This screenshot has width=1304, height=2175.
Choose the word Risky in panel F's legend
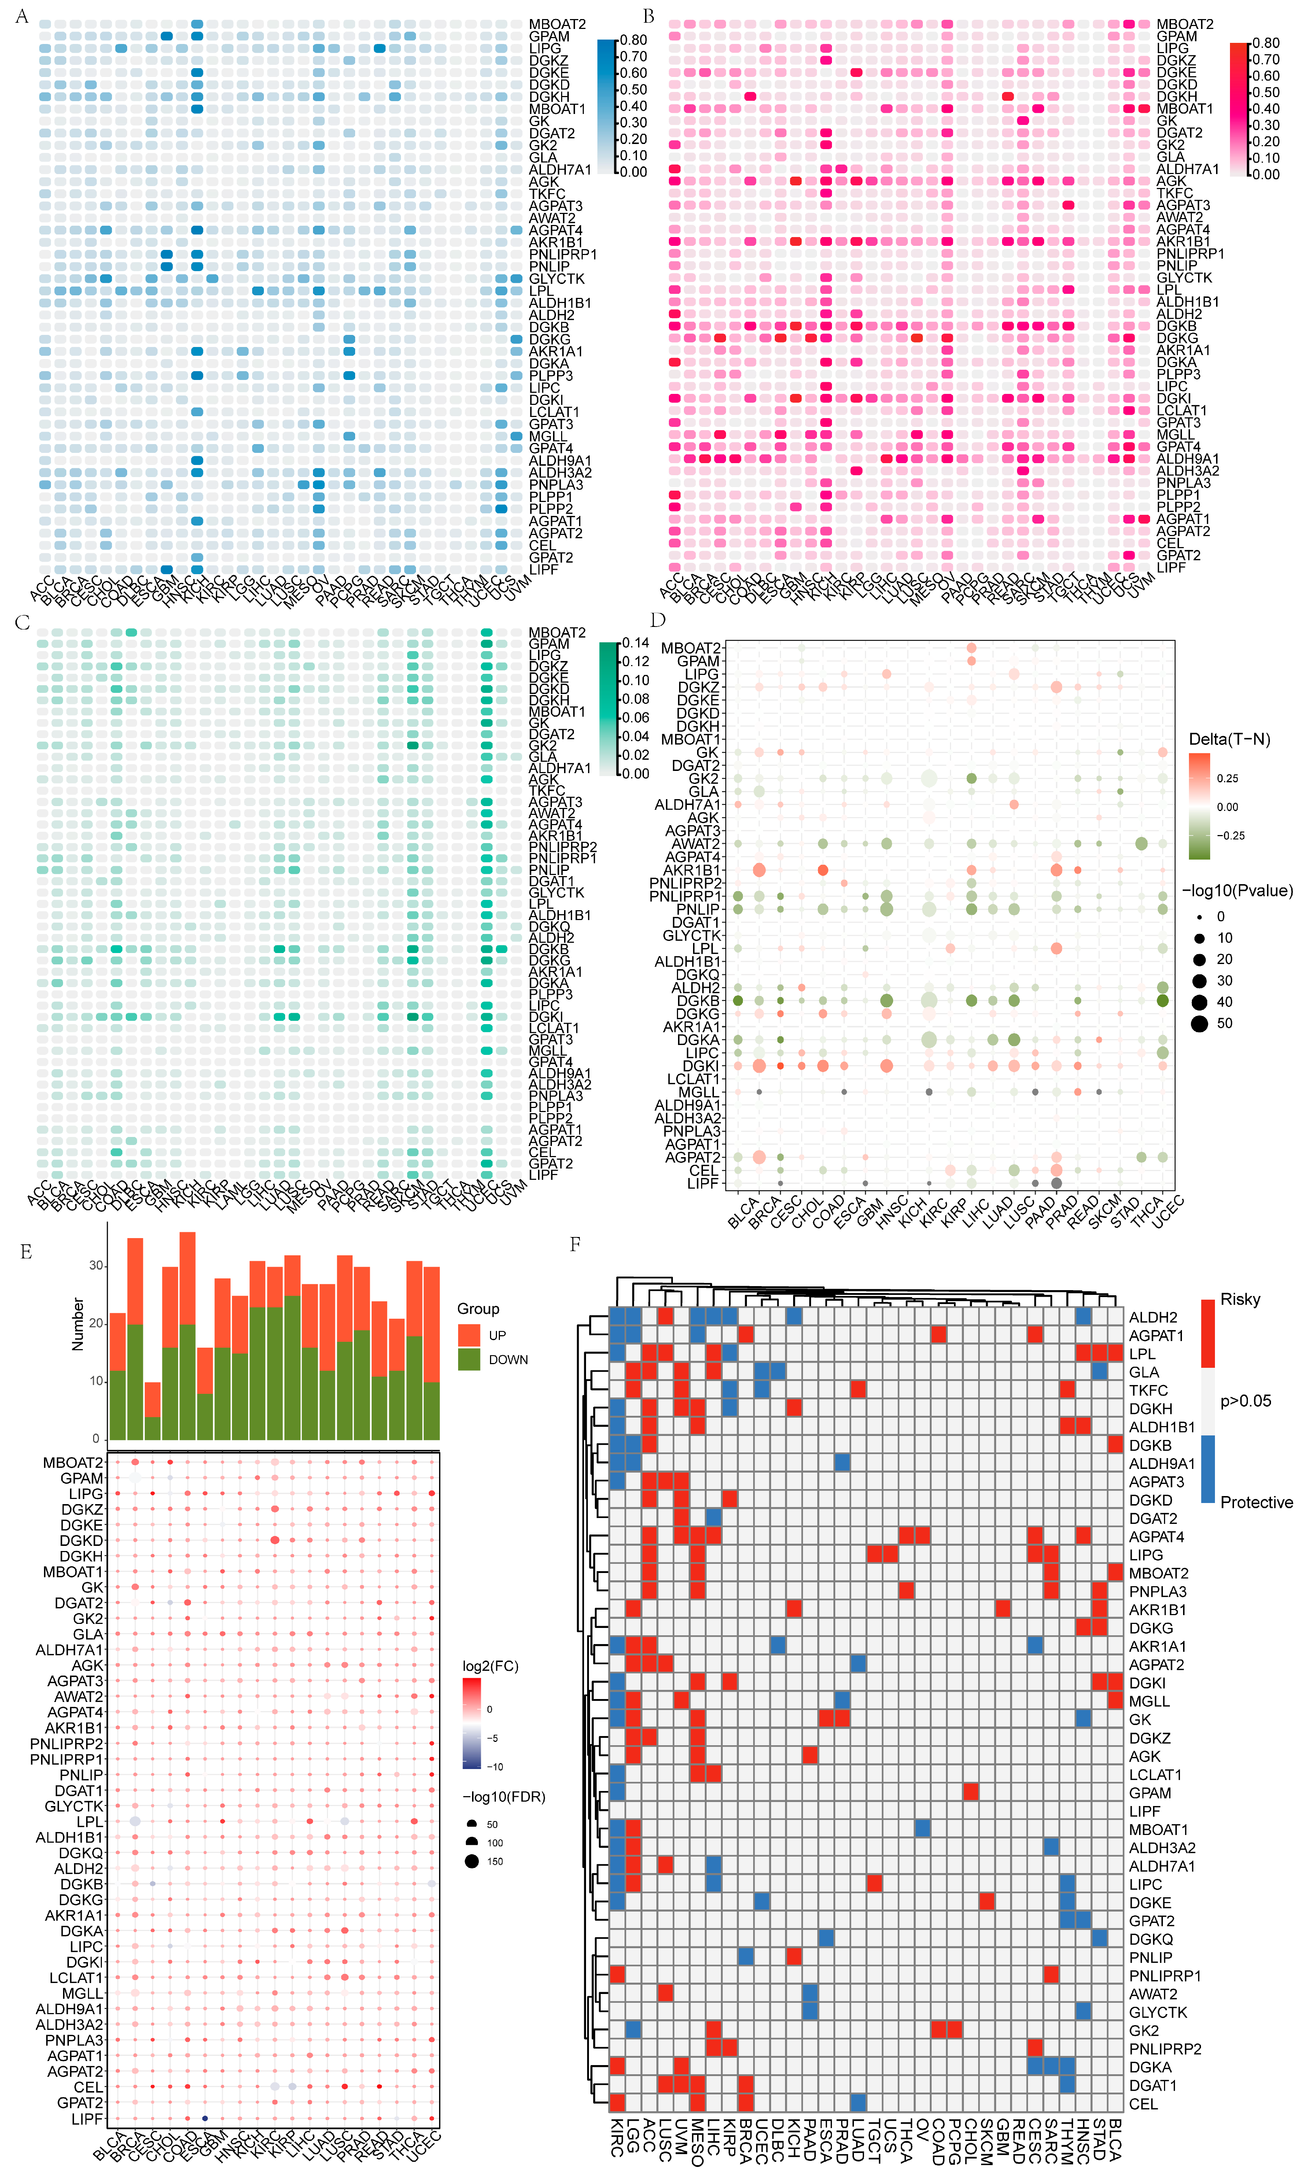(1240, 1299)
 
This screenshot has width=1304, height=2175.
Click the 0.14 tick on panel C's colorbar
(636, 643)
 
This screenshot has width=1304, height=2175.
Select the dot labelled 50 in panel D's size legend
(1200, 1023)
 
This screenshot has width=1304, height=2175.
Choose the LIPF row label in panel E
(87, 2120)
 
